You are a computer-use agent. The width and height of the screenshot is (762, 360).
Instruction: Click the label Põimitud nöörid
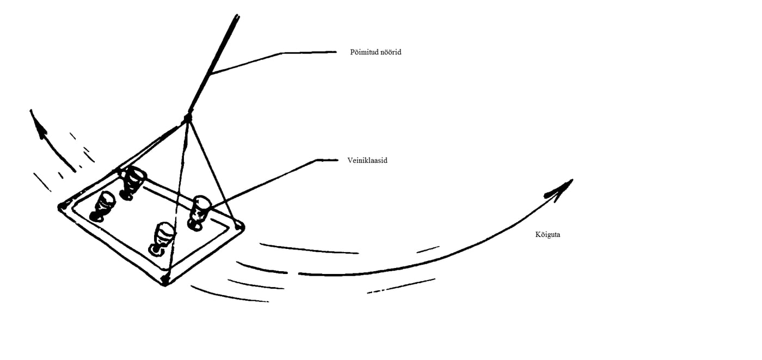click(x=376, y=52)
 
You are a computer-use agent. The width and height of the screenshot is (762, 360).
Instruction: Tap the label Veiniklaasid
click(x=367, y=161)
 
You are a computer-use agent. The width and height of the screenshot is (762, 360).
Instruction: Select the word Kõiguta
click(x=548, y=235)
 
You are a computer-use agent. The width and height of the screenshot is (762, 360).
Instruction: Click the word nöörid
click(x=389, y=52)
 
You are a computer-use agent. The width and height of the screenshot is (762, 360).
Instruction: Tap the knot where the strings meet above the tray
click(x=188, y=118)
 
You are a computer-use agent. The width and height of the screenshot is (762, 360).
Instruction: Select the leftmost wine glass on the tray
click(x=103, y=206)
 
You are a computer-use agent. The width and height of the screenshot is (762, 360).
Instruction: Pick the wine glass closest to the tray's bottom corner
click(x=162, y=237)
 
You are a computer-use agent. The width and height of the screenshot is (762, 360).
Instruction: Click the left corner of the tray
click(x=62, y=207)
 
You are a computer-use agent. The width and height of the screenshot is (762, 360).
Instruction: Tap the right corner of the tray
click(x=239, y=226)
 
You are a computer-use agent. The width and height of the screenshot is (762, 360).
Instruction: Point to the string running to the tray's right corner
click(x=213, y=171)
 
